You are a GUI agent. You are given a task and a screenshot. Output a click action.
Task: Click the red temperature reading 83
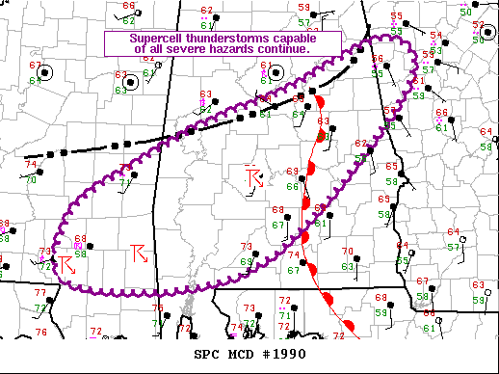[x=325, y=121]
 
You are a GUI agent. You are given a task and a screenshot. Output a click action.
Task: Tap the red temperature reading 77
[x=39, y=292]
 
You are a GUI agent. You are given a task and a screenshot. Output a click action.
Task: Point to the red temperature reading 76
[x=41, y=333]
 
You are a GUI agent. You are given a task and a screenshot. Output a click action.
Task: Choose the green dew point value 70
[x=31, y=179]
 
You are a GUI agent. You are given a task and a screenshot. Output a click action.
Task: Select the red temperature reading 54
[x=435, y=36]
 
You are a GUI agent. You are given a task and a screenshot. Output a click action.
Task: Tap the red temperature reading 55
[x=396, y=17]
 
